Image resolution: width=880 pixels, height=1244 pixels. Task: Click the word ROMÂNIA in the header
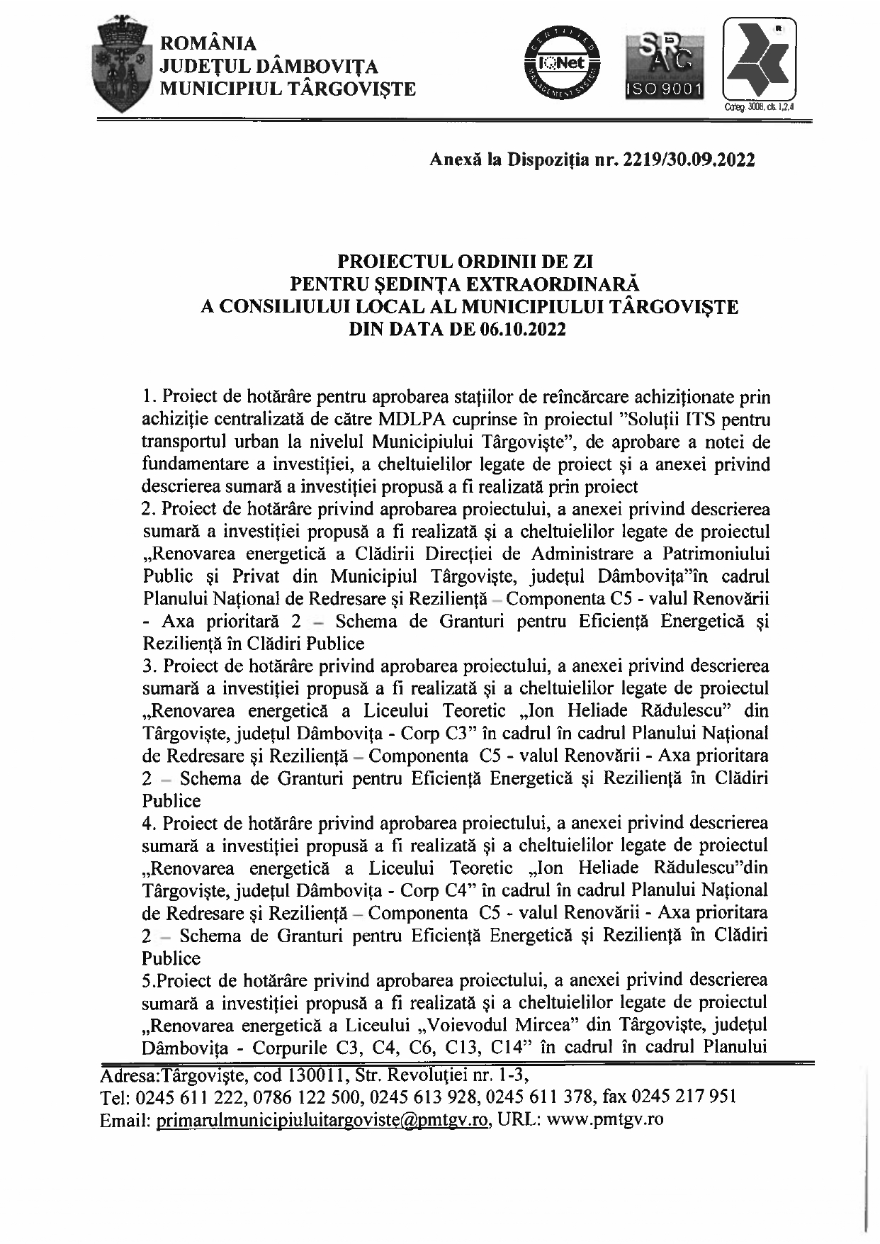point(209,44)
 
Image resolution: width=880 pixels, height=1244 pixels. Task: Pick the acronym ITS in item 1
point(704,420)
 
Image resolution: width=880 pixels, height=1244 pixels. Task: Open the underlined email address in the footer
point(322,1121)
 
